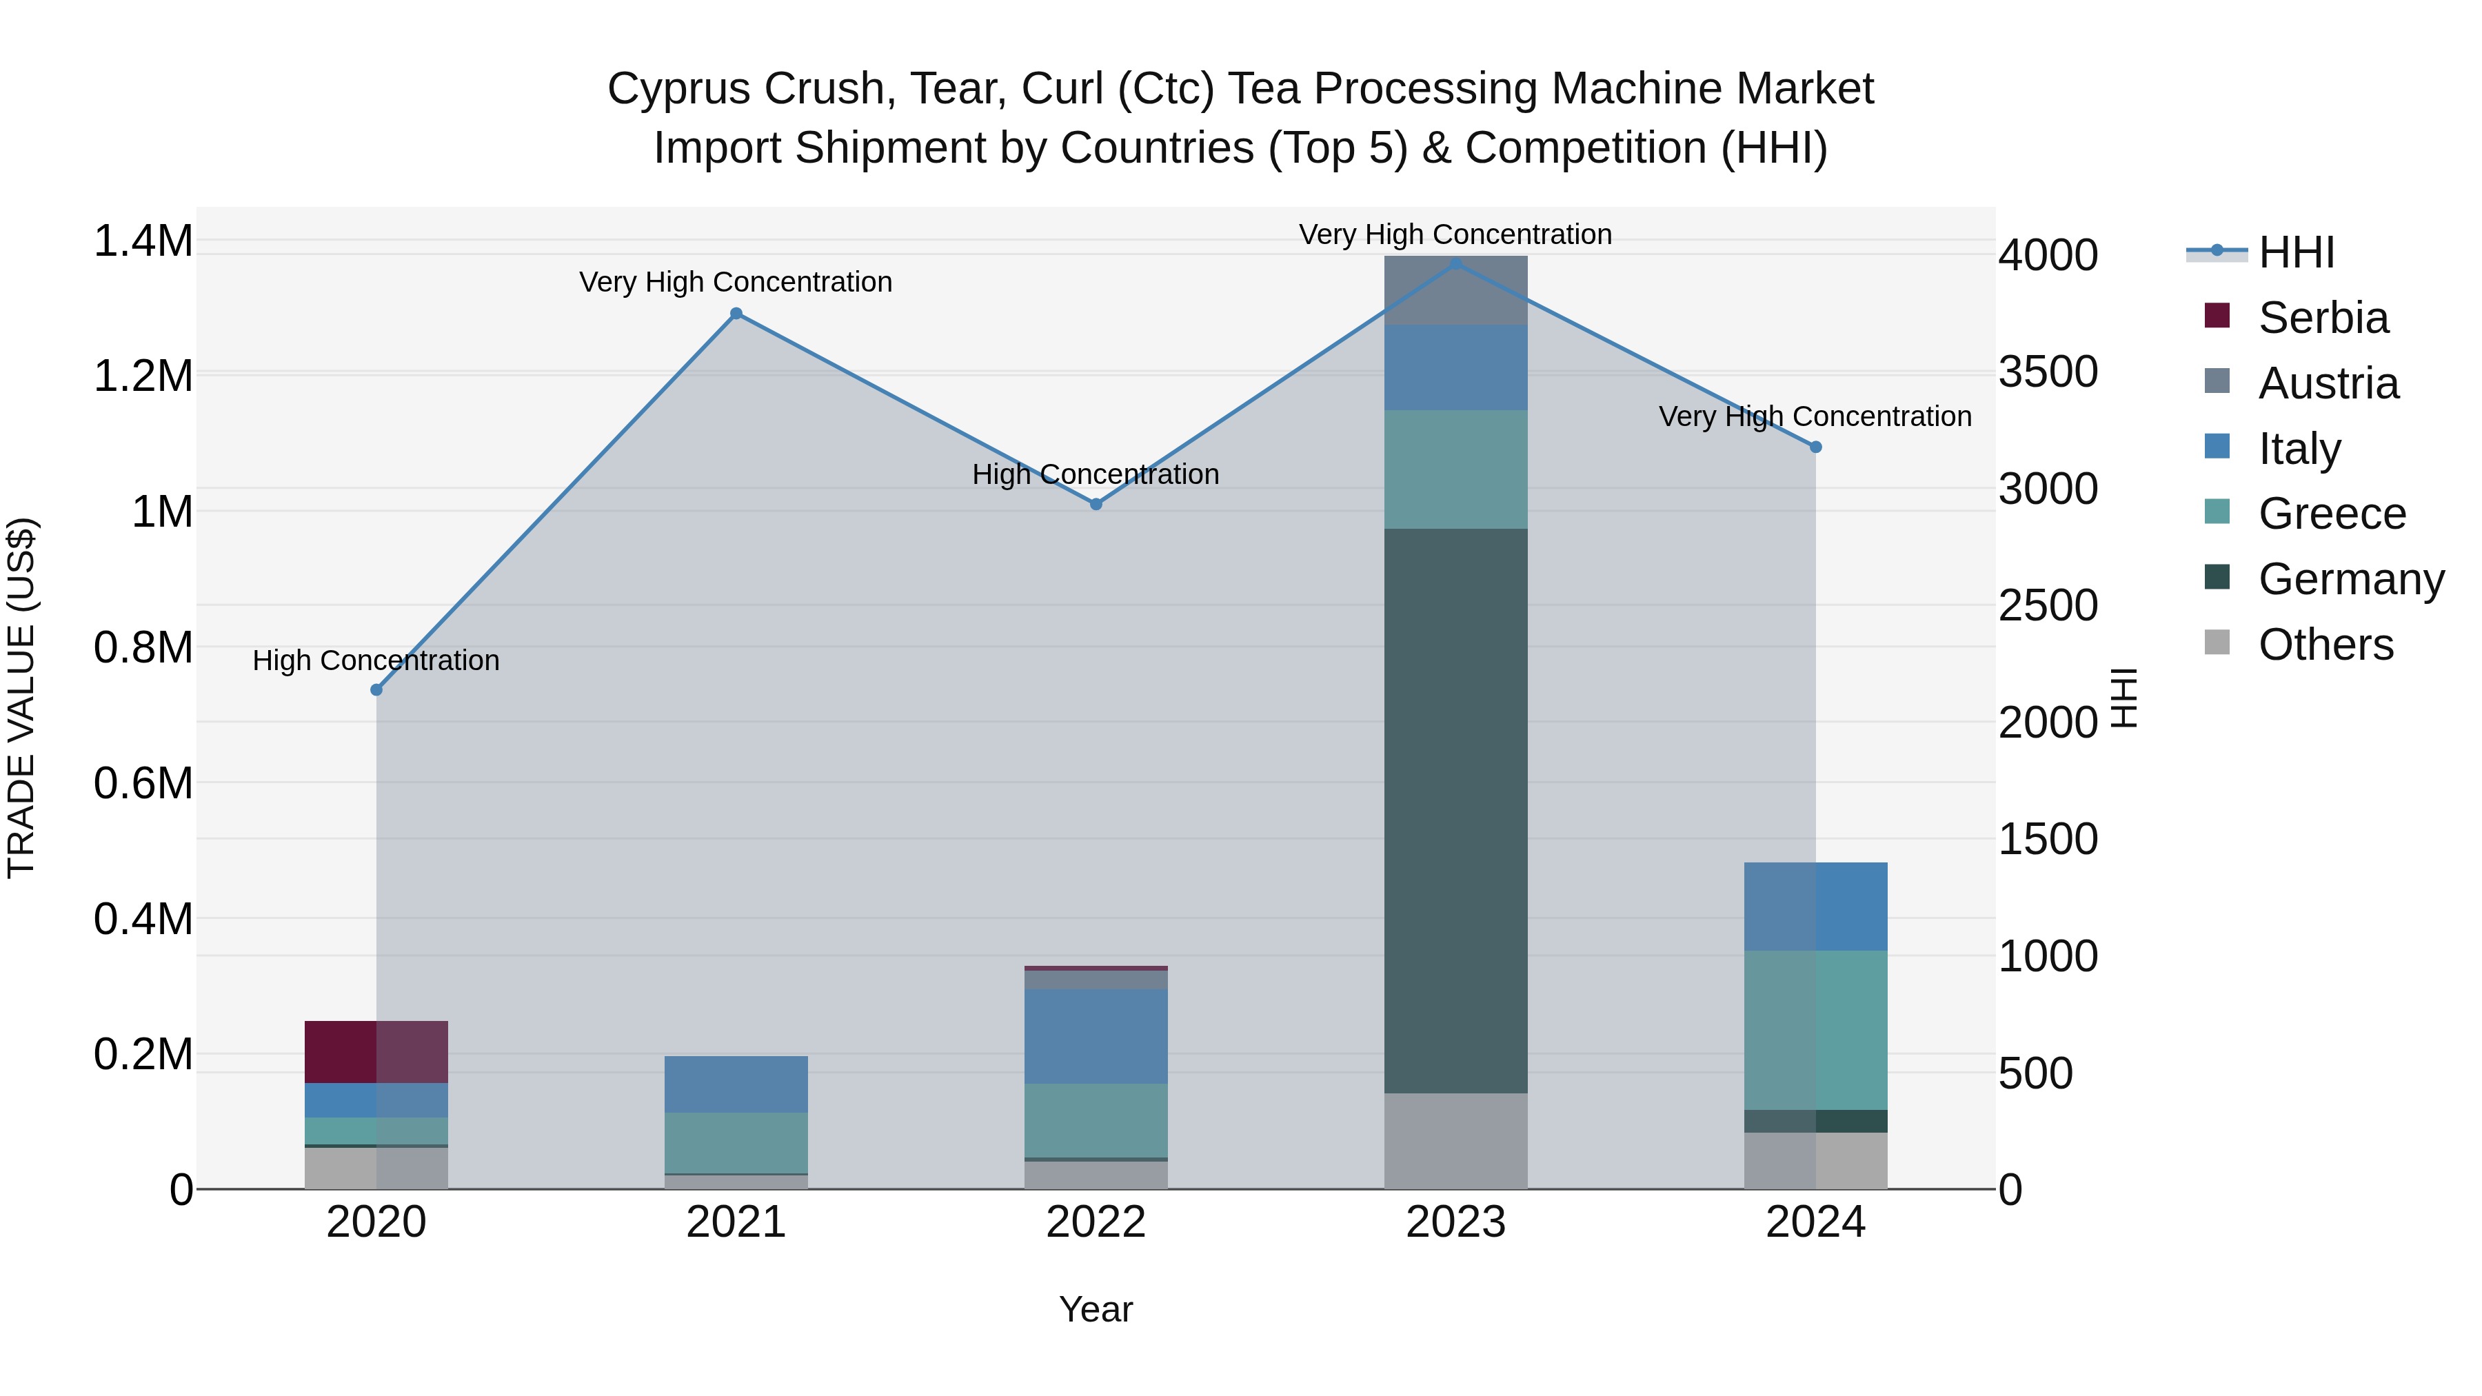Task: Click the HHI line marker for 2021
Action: coord(736,313)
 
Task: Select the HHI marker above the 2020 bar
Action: coord(376,690)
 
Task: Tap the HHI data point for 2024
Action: coord(1815,447)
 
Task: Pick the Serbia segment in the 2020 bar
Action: coord(376,1051)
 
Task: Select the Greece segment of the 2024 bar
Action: coord(1815,1030)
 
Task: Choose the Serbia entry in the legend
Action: coord(2322,318)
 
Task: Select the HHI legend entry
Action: coord(2295,252)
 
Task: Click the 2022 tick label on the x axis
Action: coord(1096,1222)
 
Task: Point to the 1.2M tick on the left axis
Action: coord(143,376)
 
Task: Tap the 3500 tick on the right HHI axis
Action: coord(2048,372)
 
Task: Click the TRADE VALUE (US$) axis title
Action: coord(21,698)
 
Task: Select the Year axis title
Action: coord(1096,1309)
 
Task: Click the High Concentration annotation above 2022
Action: coord(1096,474)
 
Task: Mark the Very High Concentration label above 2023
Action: coord(1455,234)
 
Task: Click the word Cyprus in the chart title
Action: coord(677,89)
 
